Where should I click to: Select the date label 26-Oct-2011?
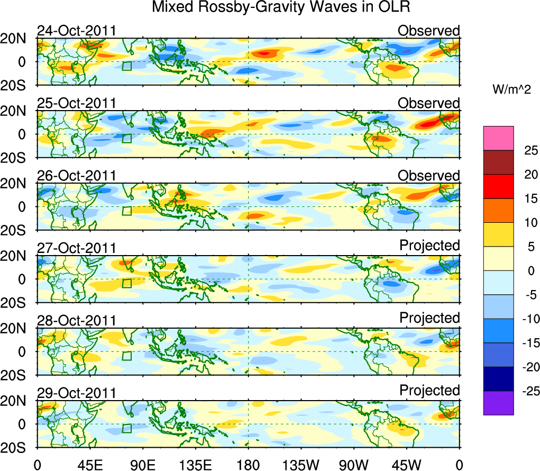76,176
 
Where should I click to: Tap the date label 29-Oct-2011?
76,393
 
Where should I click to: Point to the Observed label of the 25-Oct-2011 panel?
429,103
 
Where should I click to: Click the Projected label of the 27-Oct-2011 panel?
429,246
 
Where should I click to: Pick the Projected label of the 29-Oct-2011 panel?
429,391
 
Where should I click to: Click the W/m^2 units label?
511,90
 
